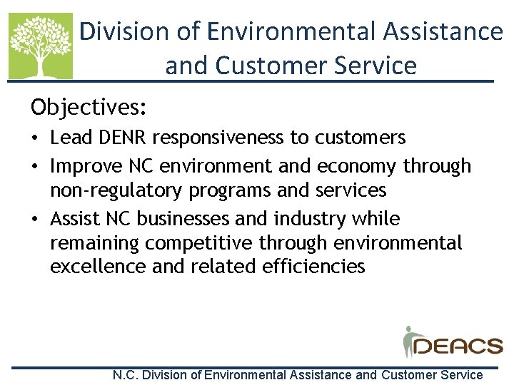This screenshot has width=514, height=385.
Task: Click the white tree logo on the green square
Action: point(40,45)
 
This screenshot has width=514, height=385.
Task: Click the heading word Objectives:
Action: point(89,107)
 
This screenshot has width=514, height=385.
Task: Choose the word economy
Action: point(357,166)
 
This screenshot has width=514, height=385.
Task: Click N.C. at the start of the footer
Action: point(126,374)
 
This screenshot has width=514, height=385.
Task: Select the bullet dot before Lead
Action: point(36,138)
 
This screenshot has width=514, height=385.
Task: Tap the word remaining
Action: point(95,243)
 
